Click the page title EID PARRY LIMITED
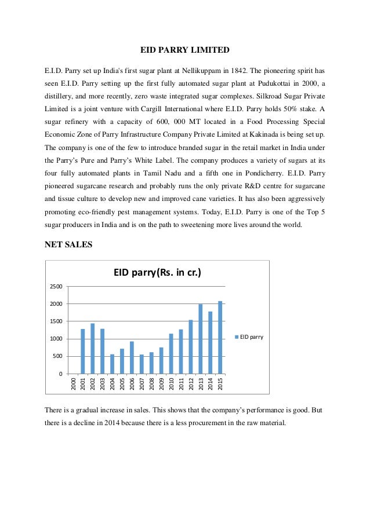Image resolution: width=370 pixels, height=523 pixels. [x=185, y=50]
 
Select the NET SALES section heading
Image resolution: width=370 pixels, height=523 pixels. [x=68, y=244]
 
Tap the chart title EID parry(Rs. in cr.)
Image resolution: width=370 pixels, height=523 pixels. [x=157, y=272]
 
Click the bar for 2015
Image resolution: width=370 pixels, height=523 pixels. [x=220, y=337]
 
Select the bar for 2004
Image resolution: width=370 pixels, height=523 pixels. [x=112, y=364]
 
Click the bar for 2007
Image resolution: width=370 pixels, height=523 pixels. [x=142, y=364]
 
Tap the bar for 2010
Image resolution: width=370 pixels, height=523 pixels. [x=171, y=353]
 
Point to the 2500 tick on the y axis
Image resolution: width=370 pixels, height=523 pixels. [x=56, y=287]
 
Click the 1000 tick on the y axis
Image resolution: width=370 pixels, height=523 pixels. [x=56, y=339]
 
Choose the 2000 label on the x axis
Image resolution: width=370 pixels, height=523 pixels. [x=73, y=383]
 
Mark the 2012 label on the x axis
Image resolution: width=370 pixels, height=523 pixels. [x=191, y=383]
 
